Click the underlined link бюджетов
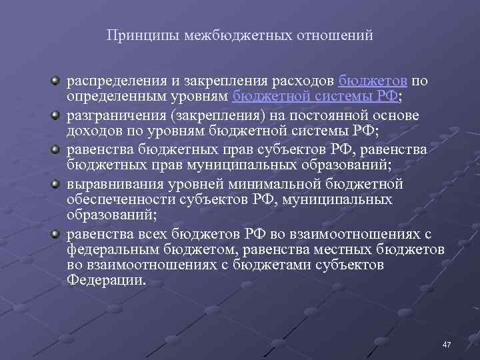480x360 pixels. [373, 81]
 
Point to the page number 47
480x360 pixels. [447, 344]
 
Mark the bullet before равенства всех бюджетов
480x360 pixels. [57, 234]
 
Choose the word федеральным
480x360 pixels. [110, 250]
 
